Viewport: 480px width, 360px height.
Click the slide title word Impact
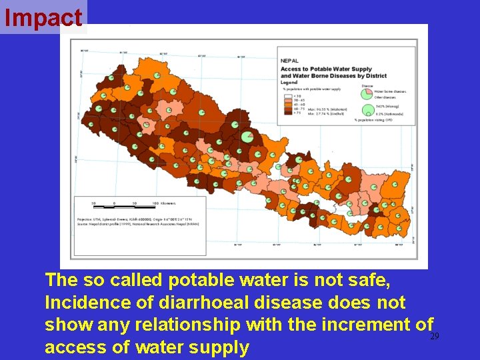coord(43,18)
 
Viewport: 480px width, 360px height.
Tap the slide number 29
coord(435,337)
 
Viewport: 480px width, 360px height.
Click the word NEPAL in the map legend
coord(289,60)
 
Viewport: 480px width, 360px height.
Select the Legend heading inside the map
coord(288,82)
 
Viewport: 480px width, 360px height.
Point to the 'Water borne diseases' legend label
coord(389,91)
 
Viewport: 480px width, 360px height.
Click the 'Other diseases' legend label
coord(385,97)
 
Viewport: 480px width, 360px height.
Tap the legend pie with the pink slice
coord(366,93)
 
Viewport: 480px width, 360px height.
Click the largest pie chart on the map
coord(247,136)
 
